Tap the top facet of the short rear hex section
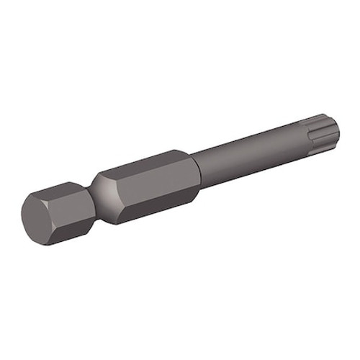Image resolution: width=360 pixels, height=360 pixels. click(68, 189)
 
